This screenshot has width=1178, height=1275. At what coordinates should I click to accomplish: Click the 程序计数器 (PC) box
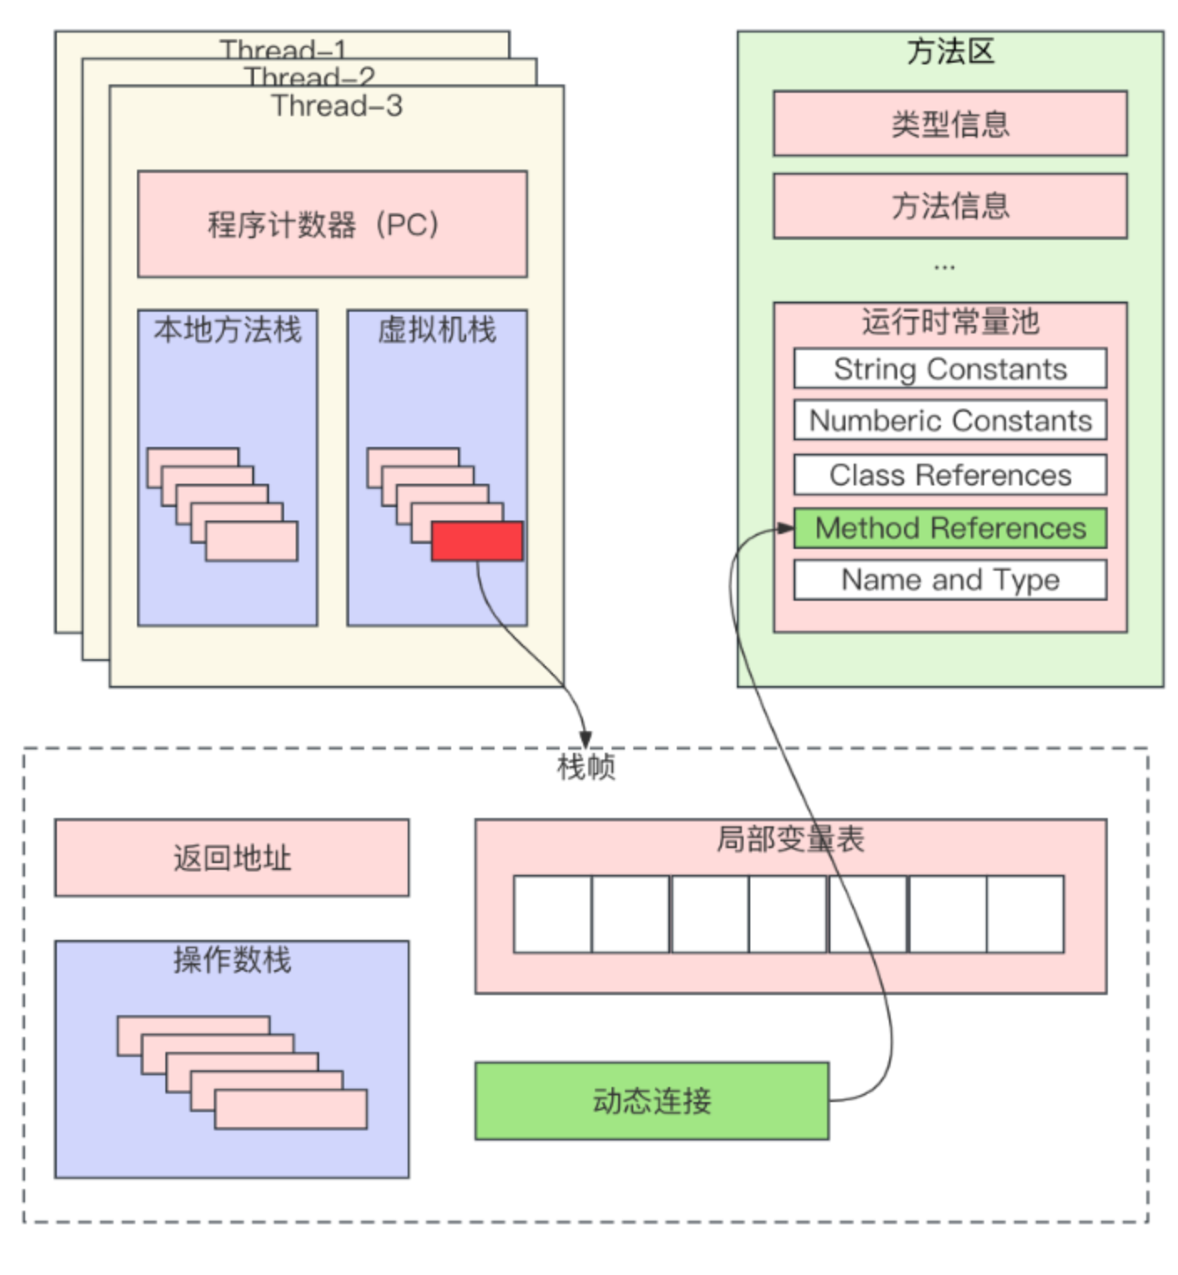(x=332, y=224)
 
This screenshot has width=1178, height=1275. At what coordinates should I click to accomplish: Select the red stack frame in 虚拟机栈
(x=477, y=541)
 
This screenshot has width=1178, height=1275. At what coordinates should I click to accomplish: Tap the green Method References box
(x=950, y=528)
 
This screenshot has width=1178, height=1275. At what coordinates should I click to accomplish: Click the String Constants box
(x=950, y=368)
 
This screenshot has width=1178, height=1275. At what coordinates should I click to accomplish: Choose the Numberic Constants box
(x=950, y=420)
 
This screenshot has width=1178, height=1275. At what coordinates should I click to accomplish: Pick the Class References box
(x=950, y=475)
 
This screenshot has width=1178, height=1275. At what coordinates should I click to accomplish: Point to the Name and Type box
(x=950, y=580)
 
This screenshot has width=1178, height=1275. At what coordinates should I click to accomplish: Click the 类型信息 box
(x=950, y=124)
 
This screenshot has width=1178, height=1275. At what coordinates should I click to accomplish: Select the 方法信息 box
(x=950, y=206)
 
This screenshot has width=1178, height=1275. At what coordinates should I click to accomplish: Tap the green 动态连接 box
(x=652, y=1100)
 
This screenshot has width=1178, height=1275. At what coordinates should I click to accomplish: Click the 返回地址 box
(x=231, y=858)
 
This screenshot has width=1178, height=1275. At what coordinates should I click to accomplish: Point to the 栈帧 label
(x=586, y=766)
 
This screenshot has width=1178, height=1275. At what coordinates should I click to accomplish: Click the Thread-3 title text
(x=337, y=106)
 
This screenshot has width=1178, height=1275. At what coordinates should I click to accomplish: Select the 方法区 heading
(x=950, y=52)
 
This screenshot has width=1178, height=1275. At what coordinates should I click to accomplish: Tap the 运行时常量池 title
(x=950, y=322)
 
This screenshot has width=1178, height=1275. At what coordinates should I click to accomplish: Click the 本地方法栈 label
(x=227, y=330)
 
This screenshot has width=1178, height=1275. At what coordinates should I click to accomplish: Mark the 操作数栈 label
(x=231, y=960)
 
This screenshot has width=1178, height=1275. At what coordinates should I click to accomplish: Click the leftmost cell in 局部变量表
(x=552, y=914)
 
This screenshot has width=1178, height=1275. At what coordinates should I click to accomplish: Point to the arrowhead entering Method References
(x=785, y=528)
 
